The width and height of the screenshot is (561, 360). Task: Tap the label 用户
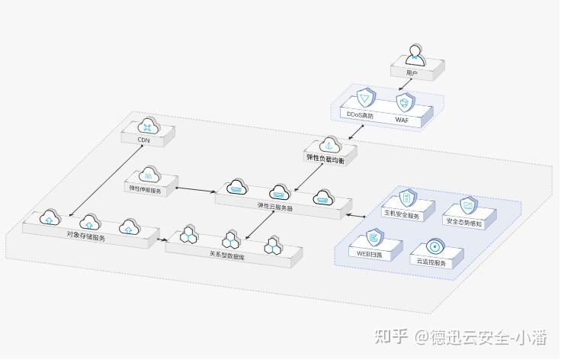point(412,73)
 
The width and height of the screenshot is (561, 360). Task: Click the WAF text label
point(402,120)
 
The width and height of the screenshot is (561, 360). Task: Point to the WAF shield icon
point(406,102)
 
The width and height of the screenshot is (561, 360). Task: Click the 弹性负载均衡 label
point(325,158)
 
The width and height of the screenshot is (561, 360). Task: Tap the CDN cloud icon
point(149,125)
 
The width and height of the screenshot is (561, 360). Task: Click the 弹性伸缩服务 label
point(146,187)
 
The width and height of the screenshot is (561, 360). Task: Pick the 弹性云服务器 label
point(275,207)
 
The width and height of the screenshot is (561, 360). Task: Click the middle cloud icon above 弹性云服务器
point(280,191)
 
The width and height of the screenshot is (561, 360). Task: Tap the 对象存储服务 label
point(85,236)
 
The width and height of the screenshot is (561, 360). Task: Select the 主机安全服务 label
point(402,216)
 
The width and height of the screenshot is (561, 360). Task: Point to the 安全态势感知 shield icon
point(469,204)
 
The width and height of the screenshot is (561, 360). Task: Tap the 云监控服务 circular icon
point(435,247)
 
